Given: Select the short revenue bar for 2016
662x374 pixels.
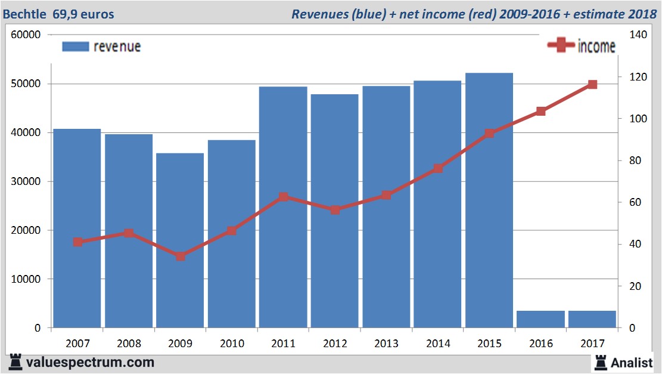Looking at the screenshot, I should click(540, 319).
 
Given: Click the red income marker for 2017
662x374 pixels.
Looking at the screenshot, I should click(592, 85).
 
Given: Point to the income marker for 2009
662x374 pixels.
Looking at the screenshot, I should click(180, 256).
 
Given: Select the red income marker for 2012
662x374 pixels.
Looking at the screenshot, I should click(335, 210).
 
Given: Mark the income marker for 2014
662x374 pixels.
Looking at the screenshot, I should click(438, 169).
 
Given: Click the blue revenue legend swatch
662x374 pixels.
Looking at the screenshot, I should click(75, 47).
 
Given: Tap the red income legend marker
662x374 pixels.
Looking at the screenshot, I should click(561, 46).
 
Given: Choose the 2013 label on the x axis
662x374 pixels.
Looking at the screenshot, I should click(386, 344).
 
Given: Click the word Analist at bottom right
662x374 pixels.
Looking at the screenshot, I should click(632, 362).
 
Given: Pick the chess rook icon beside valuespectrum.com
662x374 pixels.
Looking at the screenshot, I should click(16, 361).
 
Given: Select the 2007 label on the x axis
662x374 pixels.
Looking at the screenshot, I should click(77, 344).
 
